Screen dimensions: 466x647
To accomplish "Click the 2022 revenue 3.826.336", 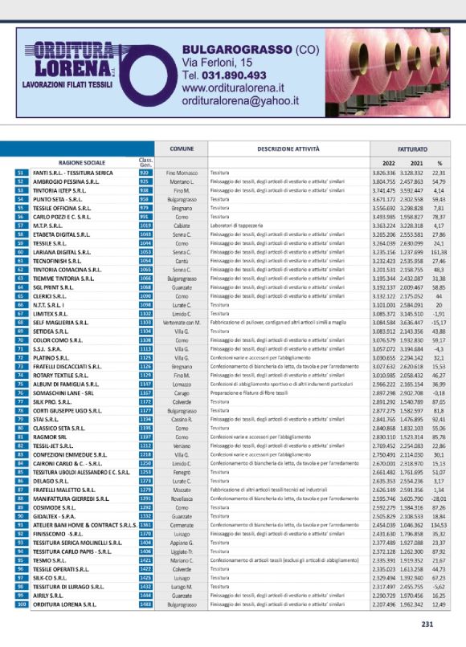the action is tap(384, 173).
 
